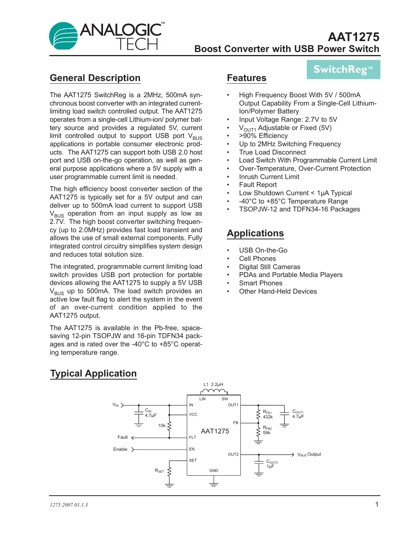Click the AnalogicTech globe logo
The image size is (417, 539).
(x=62, y=36)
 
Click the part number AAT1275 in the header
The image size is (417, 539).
(x=353, y=37)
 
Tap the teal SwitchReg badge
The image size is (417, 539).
(x=343, y=70)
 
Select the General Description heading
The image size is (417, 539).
(x=95, y=78)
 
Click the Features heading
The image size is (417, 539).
(x=246, y=78)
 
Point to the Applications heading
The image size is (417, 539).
(x=255, y=233)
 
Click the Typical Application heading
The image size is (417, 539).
(x=94, y=374)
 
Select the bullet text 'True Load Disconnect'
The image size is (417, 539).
(x=272, y=152)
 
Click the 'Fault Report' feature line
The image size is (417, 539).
(x=258, y=185)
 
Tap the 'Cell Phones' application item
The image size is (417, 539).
(x=257, y=259)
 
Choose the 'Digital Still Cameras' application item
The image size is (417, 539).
(x=269, y=267)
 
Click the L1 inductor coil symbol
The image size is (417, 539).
(x=214, y=391)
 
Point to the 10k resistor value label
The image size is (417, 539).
(x=162, y=426)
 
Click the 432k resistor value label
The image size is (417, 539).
(x=268, y=417)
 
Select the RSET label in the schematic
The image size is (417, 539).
(x=159, y=471)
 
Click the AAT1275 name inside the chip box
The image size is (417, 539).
(x=215, y=431)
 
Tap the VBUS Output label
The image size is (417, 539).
(x=309, y=455)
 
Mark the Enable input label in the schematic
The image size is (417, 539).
(x=120, y=449)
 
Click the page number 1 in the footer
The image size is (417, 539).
(x=377, y=504)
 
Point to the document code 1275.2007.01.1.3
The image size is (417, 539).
(x=69, y=505)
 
